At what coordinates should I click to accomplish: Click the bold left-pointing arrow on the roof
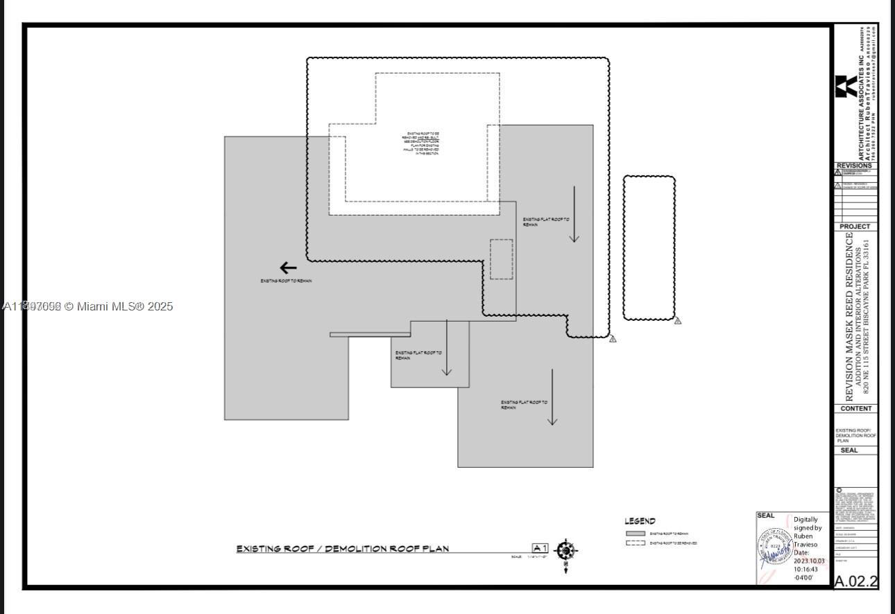(x=288, y=268)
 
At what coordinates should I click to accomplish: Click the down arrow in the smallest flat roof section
(x=447, y=348)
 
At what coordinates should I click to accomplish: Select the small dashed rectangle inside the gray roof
(x=501, y=259)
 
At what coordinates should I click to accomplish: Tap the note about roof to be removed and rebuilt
(x=420, y=143)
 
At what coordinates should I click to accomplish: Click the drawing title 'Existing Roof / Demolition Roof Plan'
(x=343, y=549)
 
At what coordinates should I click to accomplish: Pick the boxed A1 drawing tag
(x=540, y=548)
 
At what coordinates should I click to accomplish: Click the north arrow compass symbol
(x=566, y=552)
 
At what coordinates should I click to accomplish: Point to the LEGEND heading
(x=640, y=521)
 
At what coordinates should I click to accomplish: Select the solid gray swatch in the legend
(x=636, y=534)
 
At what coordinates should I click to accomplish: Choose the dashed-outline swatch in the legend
(x=636, y=543)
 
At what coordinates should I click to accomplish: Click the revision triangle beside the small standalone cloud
(x=678, y=320)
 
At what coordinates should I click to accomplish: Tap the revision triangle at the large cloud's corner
(x=613, y=339)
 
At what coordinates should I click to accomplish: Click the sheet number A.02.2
(x=855, y=581)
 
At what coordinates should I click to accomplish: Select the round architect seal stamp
(x=774, y=547)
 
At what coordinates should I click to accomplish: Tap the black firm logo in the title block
(x=846, y=87)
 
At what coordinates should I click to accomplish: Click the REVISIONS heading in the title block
(x=855, y=166)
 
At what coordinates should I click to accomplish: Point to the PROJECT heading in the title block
(x=855, y=227)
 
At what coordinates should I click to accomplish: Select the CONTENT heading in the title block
(x=855, y=409)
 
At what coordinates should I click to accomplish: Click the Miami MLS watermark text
(x=88, y=306)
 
